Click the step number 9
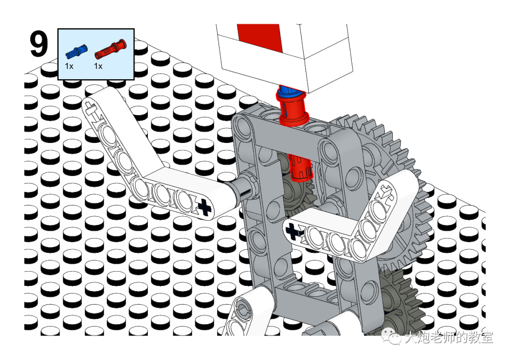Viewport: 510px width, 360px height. point(39,44)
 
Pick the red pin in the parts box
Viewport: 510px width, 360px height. point(110,49)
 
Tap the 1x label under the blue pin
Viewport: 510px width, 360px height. point(69,66)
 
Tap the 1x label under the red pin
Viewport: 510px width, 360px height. point(98,66)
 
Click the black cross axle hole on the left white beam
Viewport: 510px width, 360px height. point(204,207)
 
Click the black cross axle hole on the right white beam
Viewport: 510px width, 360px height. point(292,231)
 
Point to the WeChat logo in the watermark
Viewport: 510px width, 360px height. point(391,336)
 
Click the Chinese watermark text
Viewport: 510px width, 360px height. point(449,337)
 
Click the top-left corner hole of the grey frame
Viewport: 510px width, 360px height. point(242,125)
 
